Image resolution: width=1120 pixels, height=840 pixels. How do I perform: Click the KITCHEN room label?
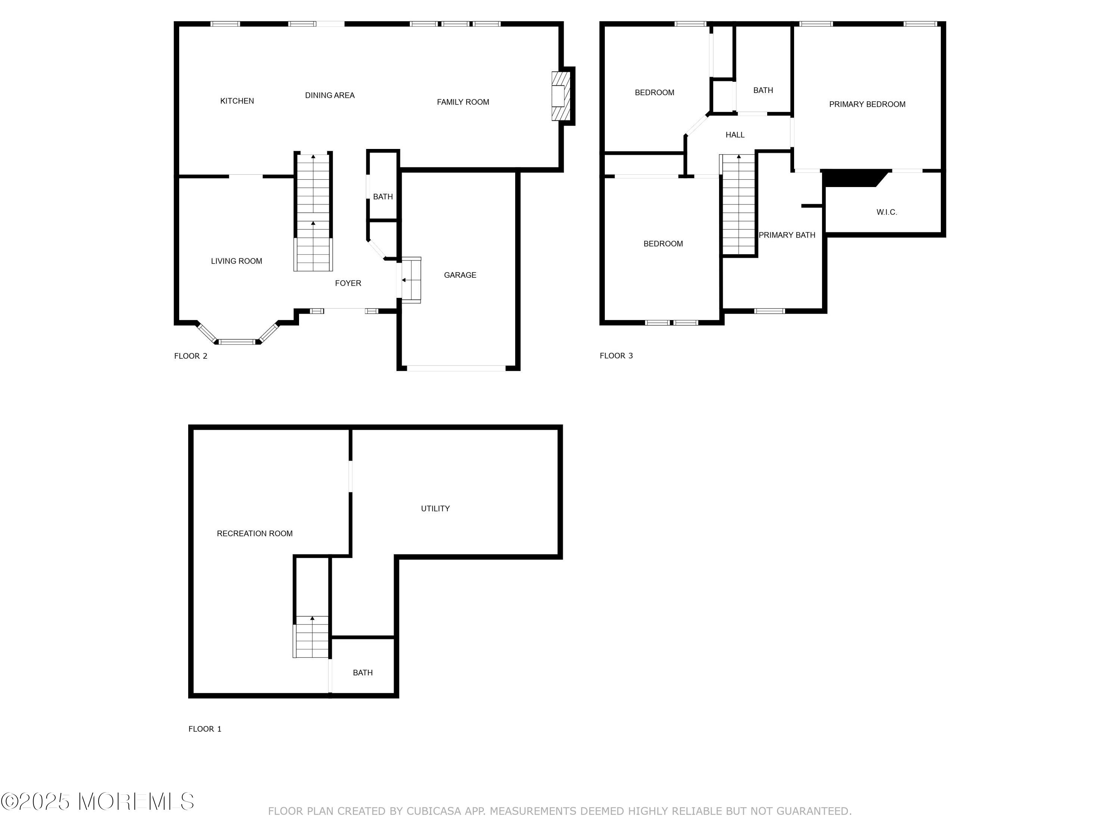click(237, 101)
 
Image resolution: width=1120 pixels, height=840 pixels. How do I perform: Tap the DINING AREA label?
click(330, 96)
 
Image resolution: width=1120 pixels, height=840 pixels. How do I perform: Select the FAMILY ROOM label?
click(463, 102)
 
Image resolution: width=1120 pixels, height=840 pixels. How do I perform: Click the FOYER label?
click(348, 283)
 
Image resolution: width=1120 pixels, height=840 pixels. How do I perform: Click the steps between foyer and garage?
click(411, 280)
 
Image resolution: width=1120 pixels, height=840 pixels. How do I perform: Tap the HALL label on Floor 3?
click(735, 135)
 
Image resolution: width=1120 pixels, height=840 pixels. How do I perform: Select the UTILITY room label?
click(435, 509)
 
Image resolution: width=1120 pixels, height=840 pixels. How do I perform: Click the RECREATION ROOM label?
click(255, 533)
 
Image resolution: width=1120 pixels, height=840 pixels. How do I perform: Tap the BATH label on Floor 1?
click(363, 673)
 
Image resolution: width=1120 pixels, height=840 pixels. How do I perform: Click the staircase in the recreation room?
click(311, 637)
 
